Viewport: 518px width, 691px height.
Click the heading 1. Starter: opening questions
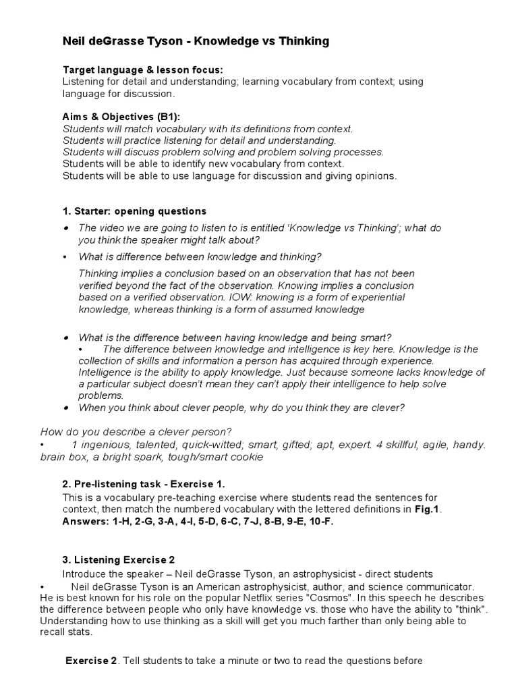coord(134,211)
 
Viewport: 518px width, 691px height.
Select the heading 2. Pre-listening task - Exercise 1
coord(144,484)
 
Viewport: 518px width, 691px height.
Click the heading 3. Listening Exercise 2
coord(119,559)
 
